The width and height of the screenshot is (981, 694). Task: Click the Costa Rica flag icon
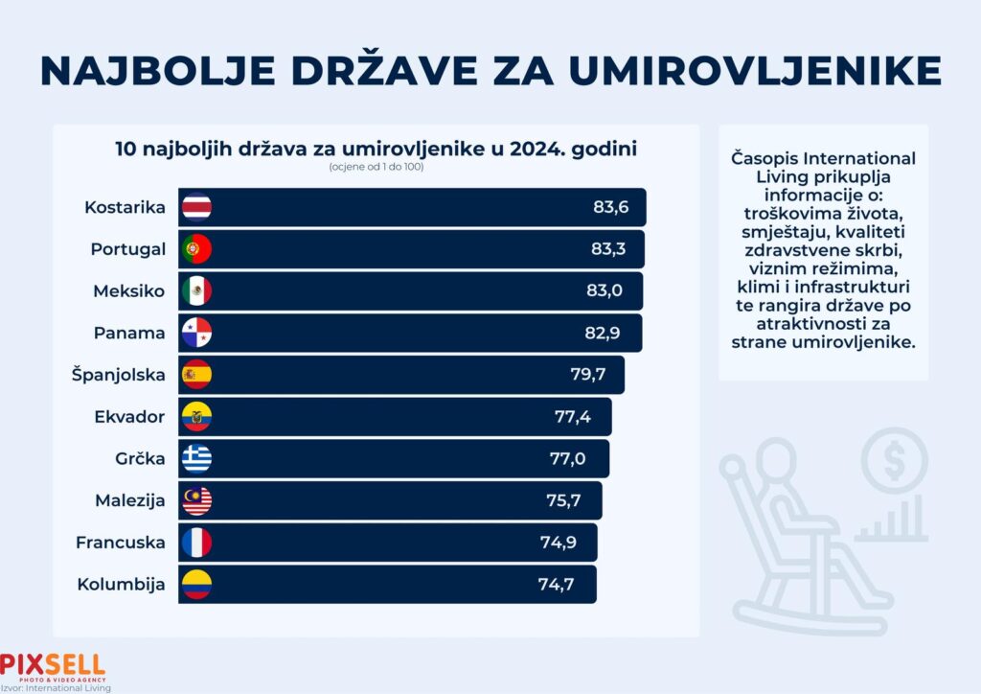point(196,207)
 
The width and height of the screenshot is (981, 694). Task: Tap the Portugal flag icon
point(196,249)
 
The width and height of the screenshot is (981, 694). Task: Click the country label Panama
point(130,333)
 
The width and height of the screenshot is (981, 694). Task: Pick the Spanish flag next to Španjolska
point(196,375)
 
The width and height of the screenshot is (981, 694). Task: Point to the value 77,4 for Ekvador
point(574,417)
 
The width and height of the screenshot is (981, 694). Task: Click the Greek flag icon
point(196,459)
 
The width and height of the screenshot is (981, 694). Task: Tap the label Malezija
point(130,500)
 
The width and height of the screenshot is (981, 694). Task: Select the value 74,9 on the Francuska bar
point(558,543)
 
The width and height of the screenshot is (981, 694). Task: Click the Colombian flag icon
point(196,585)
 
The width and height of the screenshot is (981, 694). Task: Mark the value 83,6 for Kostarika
point(609,207)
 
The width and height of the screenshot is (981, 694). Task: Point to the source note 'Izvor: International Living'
point(56,687)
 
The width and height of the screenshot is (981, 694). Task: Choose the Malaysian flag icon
point(196,500)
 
